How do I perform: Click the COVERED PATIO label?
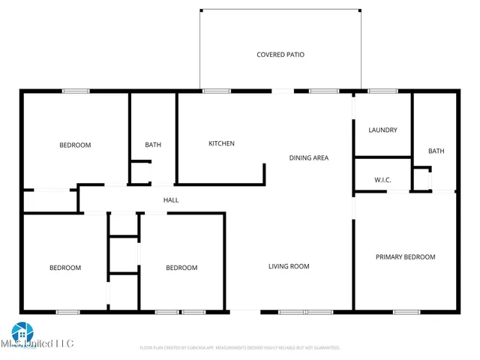(280, 55)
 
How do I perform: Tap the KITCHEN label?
(221, 143)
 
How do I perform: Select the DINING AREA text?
(309, 157)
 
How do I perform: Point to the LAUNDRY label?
(382, 130)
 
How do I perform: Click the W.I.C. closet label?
(382, 180)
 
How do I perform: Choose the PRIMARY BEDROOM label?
(405, 257)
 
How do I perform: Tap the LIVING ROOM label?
(289, 266)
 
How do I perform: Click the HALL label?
(171, 200)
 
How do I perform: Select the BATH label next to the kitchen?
(153, 145)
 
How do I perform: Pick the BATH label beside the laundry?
(436, 151)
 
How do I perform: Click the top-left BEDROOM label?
(75, 145)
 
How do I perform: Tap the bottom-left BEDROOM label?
(65, 268)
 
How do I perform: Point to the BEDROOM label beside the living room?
(181, 268)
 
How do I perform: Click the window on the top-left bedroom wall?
(76, 91)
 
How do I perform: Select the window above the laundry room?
(382, 91)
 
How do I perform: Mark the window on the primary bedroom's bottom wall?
(406, 311)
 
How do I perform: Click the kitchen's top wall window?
(216, 91)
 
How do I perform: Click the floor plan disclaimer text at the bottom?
(240, 348)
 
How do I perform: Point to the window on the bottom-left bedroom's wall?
(68, 311)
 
